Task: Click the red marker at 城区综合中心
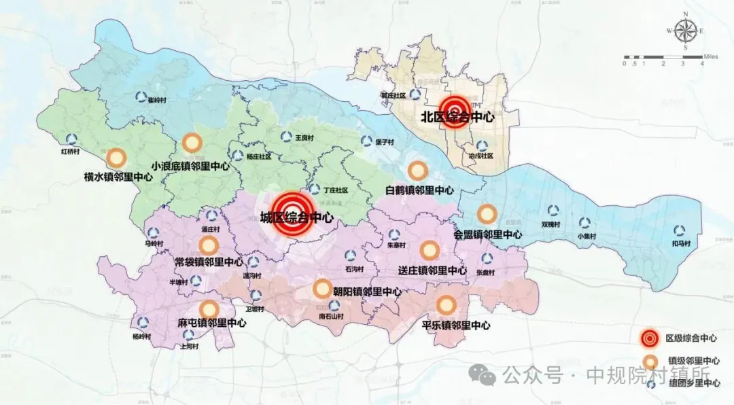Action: pos(293,213)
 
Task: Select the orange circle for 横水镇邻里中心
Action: pos(117,158)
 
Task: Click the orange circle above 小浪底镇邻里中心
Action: pos(192,143)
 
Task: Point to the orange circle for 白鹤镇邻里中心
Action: pos(417,171)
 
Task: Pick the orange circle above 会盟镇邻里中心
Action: pos(487,214)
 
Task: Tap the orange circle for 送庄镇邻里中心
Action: pos(429,251)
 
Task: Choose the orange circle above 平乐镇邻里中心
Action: pos(446,305)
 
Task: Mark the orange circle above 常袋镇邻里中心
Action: pos(209,245)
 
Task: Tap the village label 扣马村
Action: pos(680,243)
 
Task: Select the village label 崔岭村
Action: pos(157,99)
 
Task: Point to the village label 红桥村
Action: pos(71,152)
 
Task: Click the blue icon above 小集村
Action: pos(585,223)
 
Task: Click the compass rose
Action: pos(685,31)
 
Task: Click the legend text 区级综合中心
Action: pos(693,338)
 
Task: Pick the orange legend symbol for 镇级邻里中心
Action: pos(650,361)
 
